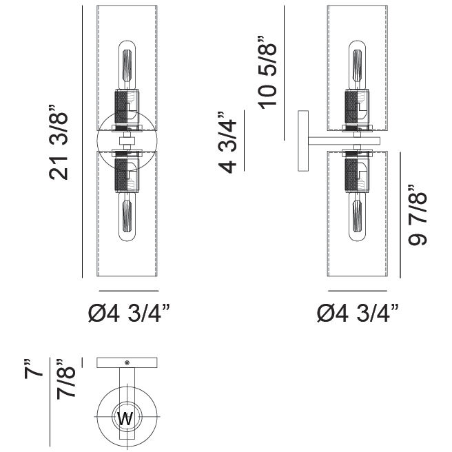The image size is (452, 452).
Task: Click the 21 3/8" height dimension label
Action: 59,143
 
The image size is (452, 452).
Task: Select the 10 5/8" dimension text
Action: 267,72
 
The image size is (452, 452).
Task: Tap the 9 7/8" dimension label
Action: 417,215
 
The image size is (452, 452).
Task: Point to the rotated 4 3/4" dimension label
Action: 227,142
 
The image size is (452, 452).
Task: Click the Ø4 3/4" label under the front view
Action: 129,313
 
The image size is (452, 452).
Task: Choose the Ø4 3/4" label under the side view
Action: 358,313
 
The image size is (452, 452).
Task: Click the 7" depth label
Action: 33,369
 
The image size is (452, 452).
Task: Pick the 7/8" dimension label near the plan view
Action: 65,379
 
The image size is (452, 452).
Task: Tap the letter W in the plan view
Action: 125,418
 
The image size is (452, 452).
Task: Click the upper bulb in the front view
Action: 127,65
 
